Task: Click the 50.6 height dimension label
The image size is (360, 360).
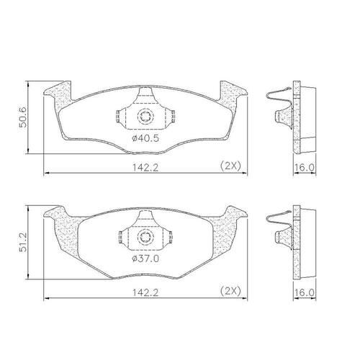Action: click(x=24, y=117)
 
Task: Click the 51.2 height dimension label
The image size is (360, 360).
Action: click(x=23, y=242)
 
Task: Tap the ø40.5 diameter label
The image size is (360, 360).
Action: click(x=145, y=138)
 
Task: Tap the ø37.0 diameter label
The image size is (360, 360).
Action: click(x=145, y=258)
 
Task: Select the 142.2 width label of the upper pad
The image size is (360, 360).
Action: click(x=145, y=168)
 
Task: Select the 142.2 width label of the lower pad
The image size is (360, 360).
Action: click(x=145, y=292)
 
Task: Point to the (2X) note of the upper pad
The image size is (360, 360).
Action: click(x=230, y=166)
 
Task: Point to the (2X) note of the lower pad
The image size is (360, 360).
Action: click(x=230, y=291)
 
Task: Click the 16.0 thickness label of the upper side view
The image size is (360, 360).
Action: click(x=305, y=167)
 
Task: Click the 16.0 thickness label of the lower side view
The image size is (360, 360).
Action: click(x=305, y=292)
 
